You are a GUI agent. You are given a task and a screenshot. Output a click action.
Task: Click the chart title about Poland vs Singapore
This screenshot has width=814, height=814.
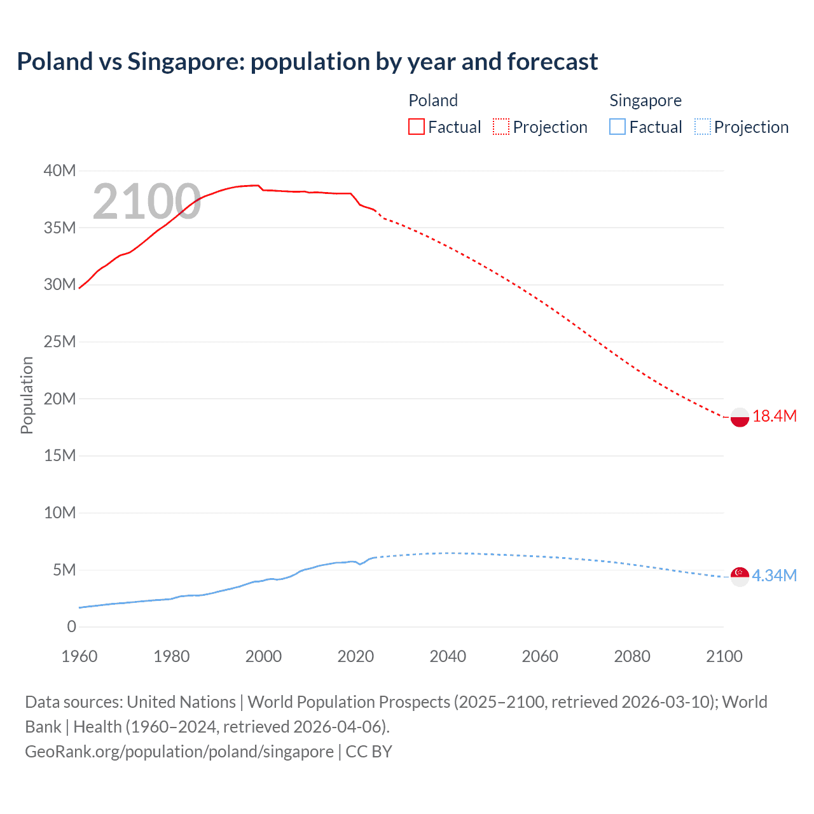click(307, 62)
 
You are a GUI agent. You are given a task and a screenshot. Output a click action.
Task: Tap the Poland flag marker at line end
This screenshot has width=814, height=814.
click(740, 417)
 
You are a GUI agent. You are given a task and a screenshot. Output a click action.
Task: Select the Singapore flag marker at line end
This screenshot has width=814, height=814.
click(740, 576)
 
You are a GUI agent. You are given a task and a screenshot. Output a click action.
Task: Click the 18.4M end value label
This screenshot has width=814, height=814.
click(774, 417)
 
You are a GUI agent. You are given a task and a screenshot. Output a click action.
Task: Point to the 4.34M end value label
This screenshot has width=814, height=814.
click(774, 576)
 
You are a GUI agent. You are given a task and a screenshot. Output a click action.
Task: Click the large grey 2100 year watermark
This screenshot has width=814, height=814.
click(147, 202)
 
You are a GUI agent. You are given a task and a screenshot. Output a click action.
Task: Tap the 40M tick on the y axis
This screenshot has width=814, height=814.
click(60, 170)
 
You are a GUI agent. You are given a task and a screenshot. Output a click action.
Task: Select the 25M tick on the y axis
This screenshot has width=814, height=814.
click(60, 341)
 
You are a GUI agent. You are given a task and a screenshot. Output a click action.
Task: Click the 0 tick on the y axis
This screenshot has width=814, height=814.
click(71, 626)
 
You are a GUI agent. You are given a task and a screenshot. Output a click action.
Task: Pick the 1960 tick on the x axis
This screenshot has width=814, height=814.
click(79, 656)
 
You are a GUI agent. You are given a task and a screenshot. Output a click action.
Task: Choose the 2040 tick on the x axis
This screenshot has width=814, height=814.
click(448, 656)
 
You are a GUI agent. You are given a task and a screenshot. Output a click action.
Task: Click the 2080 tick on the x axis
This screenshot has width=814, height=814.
click(632, 656)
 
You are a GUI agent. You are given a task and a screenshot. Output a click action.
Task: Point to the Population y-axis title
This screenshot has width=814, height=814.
click(27, 395)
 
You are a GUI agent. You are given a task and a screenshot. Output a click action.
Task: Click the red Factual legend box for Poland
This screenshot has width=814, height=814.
click(417, 127)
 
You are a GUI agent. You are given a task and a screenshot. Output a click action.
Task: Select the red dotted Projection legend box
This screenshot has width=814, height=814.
click(501, 127)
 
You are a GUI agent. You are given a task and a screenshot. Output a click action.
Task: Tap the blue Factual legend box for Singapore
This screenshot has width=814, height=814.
click(617, 127)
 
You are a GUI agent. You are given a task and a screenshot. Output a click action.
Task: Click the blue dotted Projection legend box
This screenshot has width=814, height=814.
click(702, 127)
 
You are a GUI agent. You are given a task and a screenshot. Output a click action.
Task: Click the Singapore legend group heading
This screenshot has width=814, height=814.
click(645, 100)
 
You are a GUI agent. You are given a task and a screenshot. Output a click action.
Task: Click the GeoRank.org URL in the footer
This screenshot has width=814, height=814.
click(179, 752)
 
